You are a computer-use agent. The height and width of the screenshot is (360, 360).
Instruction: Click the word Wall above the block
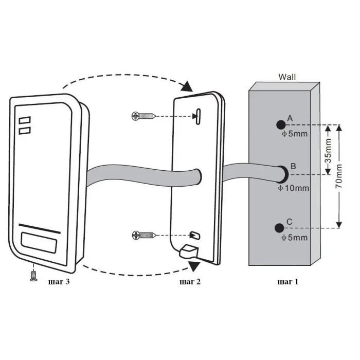click(287, 77)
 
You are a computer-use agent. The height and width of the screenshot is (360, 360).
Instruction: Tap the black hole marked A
click(281, 125)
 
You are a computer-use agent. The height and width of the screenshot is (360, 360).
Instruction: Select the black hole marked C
click(279, 228)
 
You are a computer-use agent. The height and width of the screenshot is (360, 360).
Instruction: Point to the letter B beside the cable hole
click(293, 166)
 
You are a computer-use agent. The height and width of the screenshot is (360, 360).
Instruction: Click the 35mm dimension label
click(329, 151)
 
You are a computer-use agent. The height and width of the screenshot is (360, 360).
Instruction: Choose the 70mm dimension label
click(339, 176)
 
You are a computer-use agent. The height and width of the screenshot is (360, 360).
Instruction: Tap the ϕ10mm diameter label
click(294, 188)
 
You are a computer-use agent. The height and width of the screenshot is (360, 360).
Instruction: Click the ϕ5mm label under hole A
click(295, 134)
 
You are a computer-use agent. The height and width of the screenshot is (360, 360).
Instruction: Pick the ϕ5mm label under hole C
click(295, 238)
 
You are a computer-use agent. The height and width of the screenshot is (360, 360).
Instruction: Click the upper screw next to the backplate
click(143, 116)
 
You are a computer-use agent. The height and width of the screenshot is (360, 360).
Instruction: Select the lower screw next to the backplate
click(144, 235)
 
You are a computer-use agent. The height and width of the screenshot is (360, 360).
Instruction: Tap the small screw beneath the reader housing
click(33, 276)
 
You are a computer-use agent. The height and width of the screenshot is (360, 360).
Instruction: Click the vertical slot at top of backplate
click(198, 117)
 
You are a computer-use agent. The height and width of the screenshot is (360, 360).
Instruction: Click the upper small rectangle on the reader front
click(25, 120)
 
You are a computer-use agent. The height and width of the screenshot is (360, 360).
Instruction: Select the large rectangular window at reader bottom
click(39, 243)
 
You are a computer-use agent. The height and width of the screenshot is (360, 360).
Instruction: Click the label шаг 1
click(288, 281)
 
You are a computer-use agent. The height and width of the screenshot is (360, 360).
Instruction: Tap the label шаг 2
click(190, 281)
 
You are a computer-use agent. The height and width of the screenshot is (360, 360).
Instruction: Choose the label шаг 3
click(59, 281)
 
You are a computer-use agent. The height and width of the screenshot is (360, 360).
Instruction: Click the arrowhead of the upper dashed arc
click(187, 87)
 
